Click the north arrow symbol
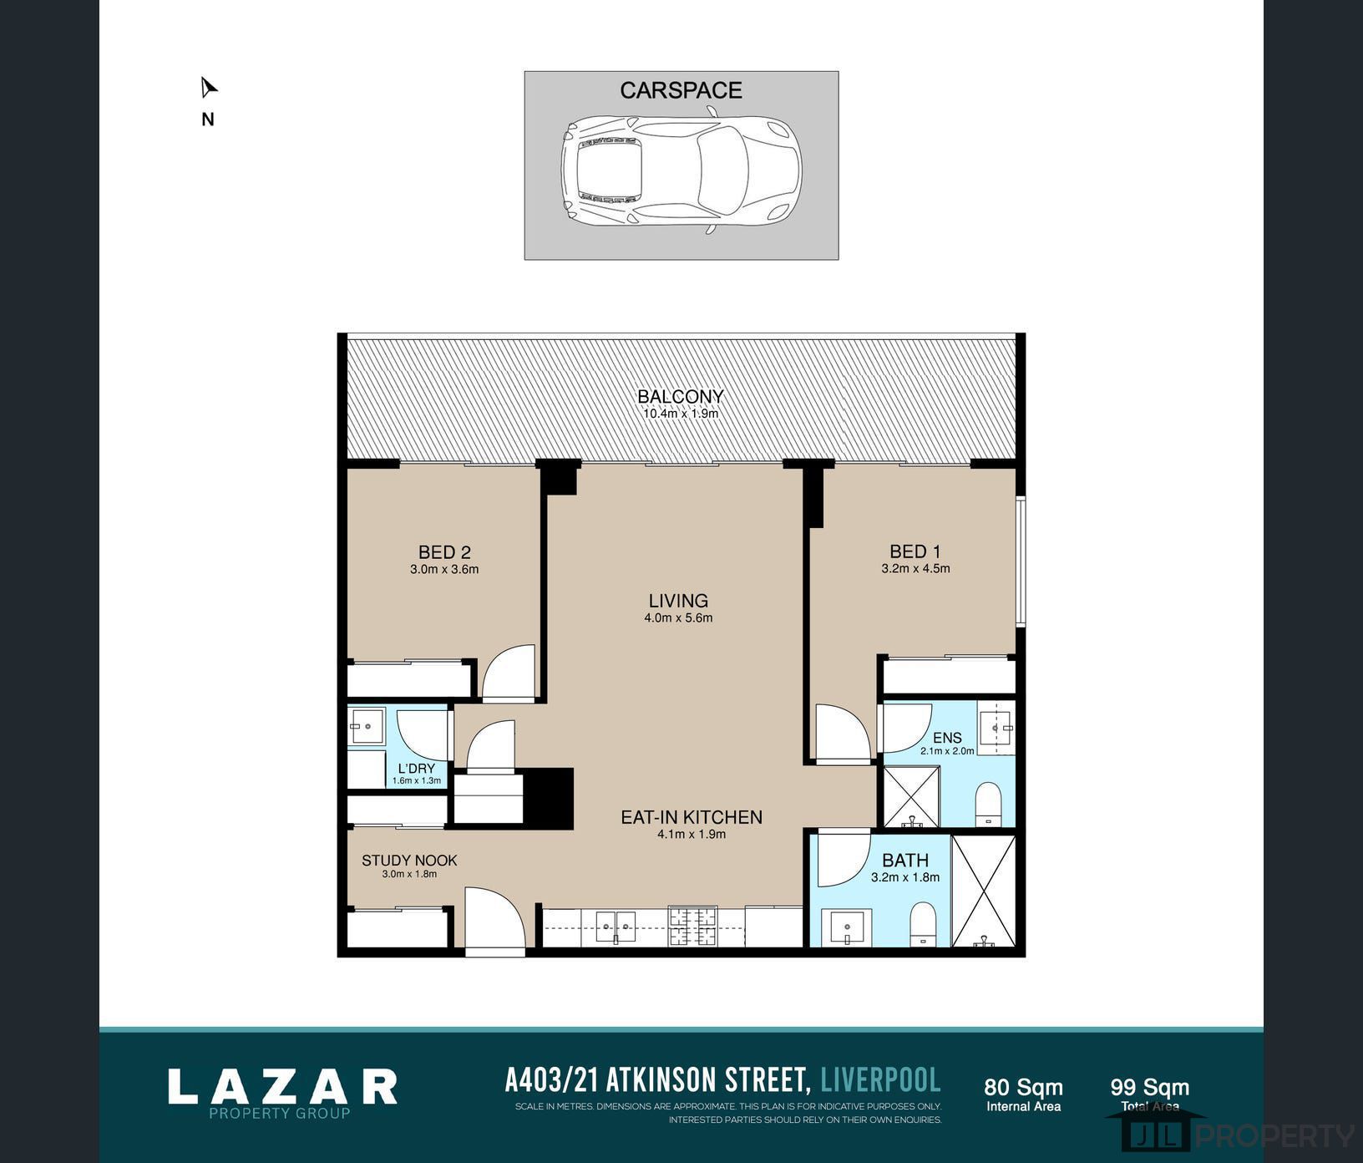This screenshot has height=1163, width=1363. [x=208, y=88]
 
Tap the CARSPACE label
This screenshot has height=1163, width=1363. [x=681, y=90]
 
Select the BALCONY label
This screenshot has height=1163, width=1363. [x=681, y=396]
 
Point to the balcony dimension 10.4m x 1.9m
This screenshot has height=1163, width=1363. [x=681, y=414]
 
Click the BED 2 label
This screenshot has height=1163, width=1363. [x=444, y=552]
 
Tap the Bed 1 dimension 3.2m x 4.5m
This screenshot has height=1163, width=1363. [x=915, y=569]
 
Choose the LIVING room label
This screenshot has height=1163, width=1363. [x=678, y=601]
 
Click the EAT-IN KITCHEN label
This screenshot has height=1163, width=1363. [x=692, y=817]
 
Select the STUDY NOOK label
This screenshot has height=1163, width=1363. [x=409, y=861]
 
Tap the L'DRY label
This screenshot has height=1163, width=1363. [x=416, y=769]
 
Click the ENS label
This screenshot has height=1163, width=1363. [x=947, y=738]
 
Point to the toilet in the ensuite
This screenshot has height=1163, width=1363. [x=988, y=803]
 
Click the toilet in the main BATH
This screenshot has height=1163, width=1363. [x=923, y=923]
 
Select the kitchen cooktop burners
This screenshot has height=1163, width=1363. [x=692, y=926]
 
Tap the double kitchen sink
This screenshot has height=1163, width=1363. [x=616, y=927]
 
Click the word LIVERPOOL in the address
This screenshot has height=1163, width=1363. [x=880, y=1080]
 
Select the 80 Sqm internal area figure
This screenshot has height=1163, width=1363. [x=1023, y=1087]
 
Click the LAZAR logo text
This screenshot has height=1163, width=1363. [x=282, y=1087]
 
